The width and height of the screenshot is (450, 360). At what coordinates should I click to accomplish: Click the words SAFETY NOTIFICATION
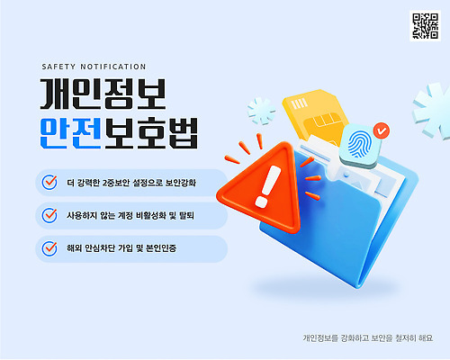coord(94,66)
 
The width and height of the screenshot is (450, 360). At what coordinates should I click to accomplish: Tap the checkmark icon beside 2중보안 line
coord(49,182)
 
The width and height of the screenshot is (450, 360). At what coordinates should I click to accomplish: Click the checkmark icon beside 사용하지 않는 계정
coord(49,215)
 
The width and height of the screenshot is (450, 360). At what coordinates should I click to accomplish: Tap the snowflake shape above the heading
coord(262,112)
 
